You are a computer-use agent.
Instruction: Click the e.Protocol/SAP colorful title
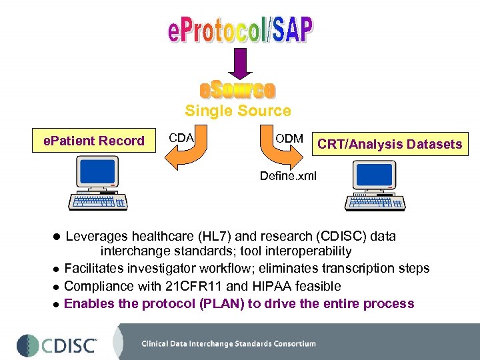[239, 30]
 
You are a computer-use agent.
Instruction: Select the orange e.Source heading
[238, 90]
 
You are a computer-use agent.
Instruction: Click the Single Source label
[238, 111]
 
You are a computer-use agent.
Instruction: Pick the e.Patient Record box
[94, 141]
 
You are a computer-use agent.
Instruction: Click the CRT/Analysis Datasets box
[390, 144]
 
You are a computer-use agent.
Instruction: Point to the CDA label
[181, 138]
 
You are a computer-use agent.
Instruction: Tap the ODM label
[289, 139]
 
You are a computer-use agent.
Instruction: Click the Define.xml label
[289, 175]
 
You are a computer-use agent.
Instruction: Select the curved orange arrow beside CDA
[182, 157]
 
